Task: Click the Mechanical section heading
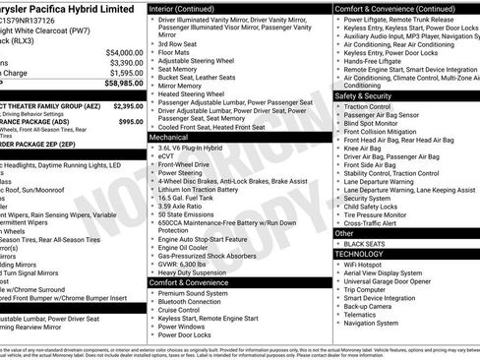pos(169,138)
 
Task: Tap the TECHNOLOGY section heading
pos(360,253)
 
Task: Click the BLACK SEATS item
pos(365,243)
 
